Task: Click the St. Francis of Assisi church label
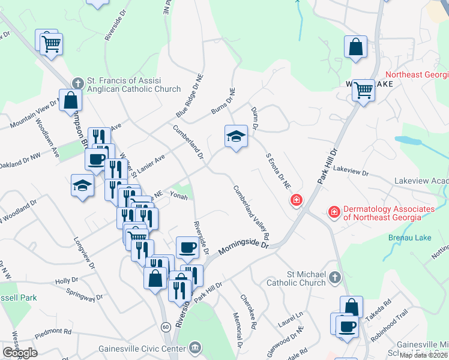(x=134, y=85)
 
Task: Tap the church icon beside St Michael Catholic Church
(x=335, y=277)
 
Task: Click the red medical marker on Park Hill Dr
(x=296, y=200)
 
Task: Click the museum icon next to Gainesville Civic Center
(x=195, y=347)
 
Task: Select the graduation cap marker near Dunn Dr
(x=236, y=136)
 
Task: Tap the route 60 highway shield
(x=164, y=326)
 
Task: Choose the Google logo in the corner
(x=20, y=352)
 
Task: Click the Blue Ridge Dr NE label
(x=191, y=97)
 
